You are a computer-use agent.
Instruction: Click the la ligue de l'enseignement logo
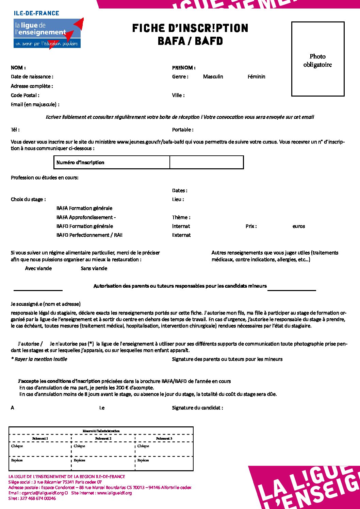tap(47, 33)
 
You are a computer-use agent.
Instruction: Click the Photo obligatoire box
tap(318, 59)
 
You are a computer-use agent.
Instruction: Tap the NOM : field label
tap(18, 68)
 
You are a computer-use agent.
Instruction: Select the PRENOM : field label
tap(184, 68)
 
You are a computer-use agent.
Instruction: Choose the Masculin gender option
tap(213, 77)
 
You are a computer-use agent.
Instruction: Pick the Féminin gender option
tap(256, 77)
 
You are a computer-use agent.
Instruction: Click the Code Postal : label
tap(25, 96)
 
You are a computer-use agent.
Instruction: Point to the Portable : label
tap(183, 130)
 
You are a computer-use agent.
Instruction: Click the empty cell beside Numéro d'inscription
tap(207, 163)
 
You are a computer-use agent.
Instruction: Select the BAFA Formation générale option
tap(84, 208)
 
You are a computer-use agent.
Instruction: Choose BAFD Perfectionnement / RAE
tap(89, 235)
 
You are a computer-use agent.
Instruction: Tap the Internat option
tap(181, 226)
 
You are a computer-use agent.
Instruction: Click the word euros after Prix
tap(299, 226)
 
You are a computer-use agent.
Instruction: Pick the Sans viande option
tap(94, 268)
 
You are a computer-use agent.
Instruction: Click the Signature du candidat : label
tap(197, 408)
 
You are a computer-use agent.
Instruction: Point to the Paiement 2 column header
tap(103, 439)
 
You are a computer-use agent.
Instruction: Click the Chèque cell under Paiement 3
tap(143, 446)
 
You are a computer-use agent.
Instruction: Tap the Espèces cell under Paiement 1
tap(17, 460)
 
